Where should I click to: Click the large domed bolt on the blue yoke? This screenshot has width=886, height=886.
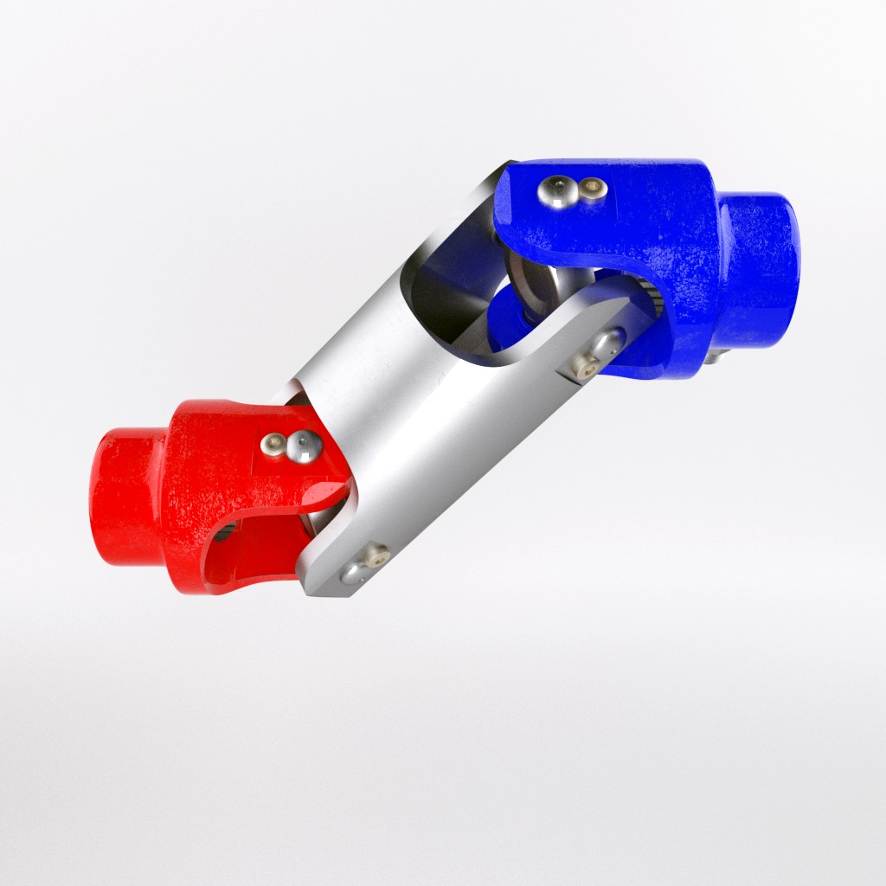coord(555,192)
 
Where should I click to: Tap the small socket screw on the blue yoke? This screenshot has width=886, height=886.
coord(592,186)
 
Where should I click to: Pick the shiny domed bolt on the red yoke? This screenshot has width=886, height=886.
coord(304,446)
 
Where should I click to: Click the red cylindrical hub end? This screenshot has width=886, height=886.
coord(125,498)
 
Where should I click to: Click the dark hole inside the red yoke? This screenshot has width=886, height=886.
coord(222,531)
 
